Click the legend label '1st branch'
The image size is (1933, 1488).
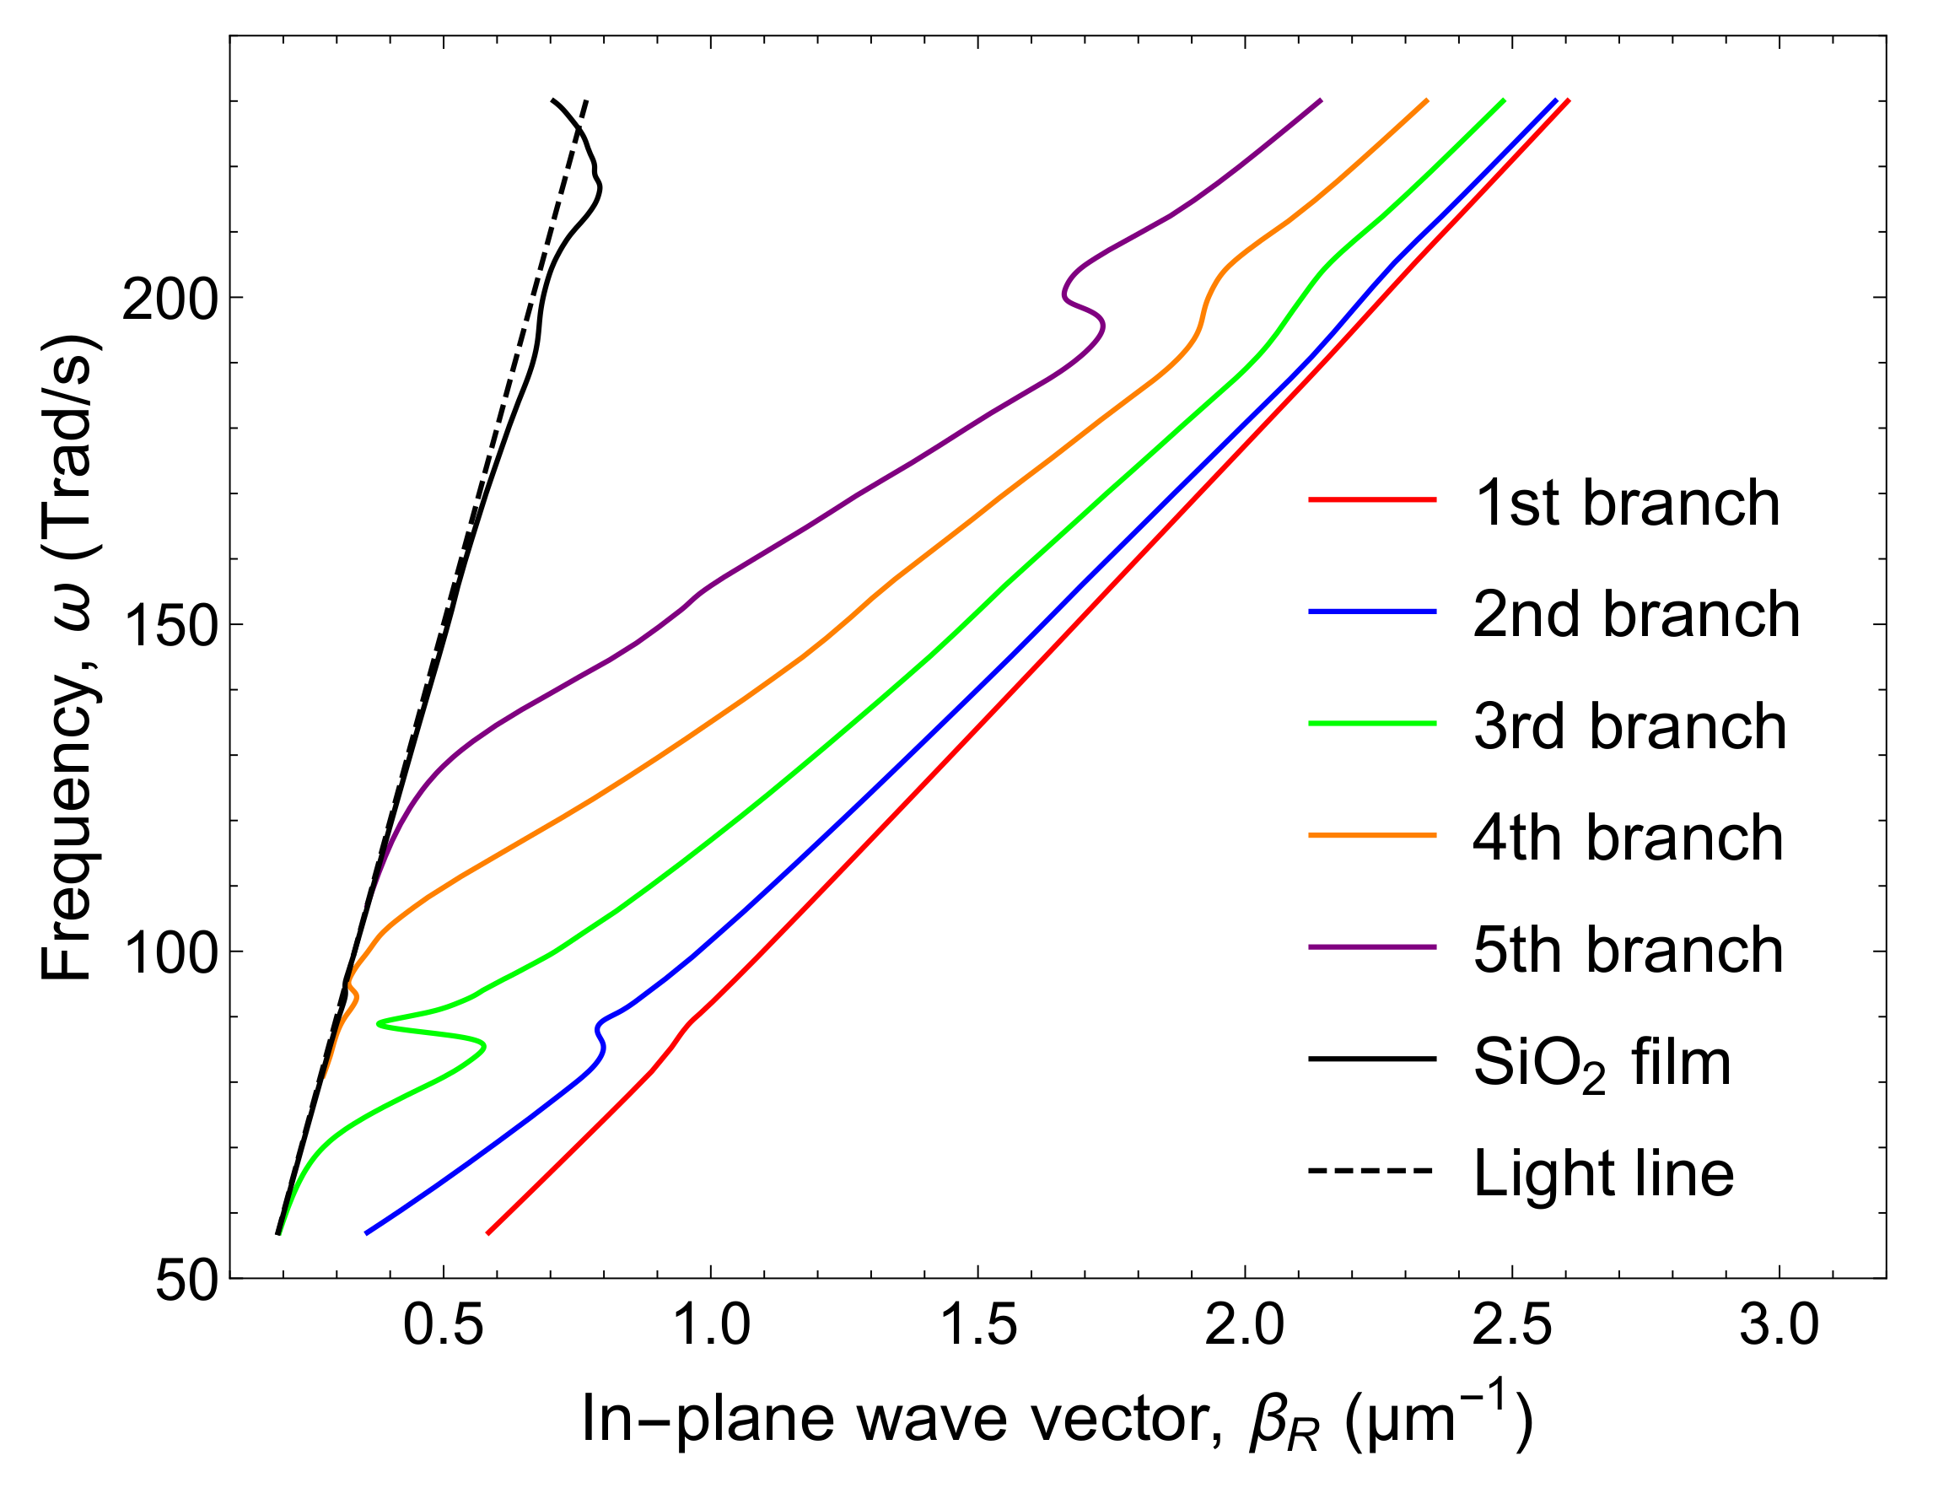[1626, 504]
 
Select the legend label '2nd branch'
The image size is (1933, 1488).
[1635, 615]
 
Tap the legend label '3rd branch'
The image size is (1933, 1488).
[1629, 727]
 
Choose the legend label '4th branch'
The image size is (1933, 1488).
[1628, 838]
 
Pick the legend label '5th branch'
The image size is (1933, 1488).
[1628, 950]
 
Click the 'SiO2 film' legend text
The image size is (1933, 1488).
[1601, 1063]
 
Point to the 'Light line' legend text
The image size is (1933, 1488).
[1603, 1173]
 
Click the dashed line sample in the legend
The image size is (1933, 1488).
[1371, 1171]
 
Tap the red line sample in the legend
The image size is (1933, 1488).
[1371, 500]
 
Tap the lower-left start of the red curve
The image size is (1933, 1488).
[488, 1232]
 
